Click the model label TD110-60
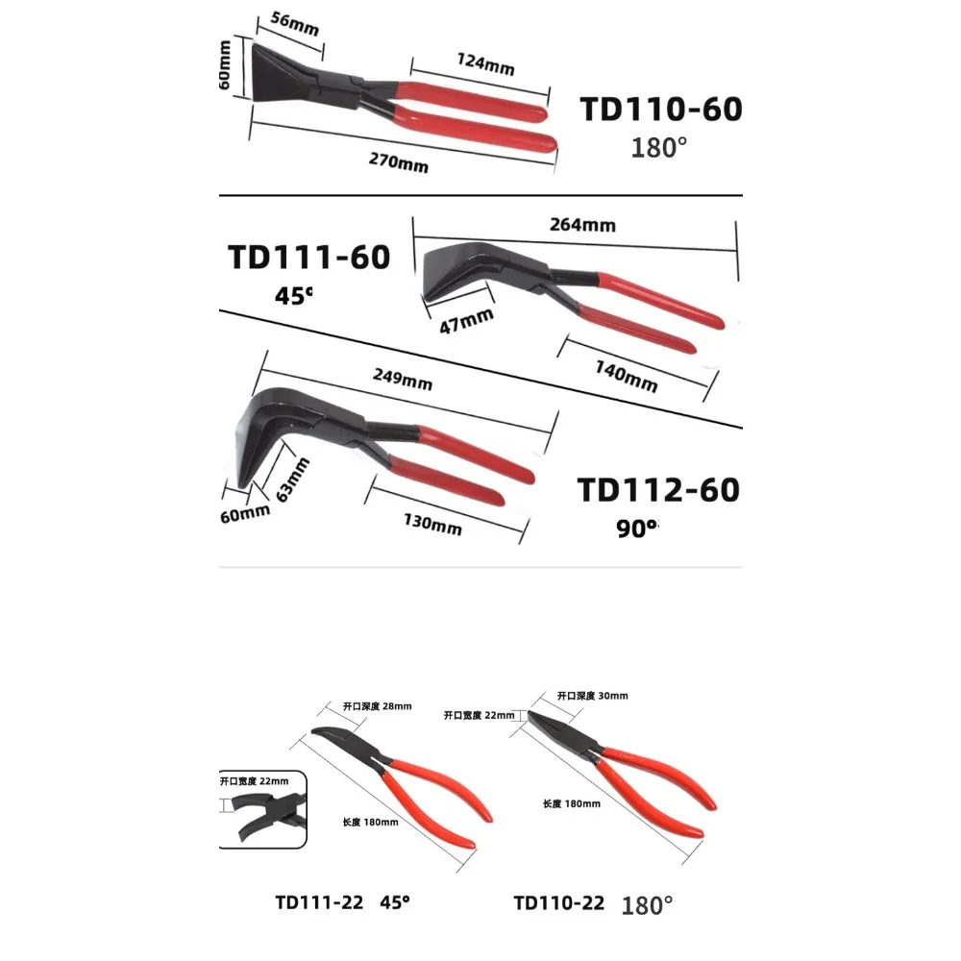pos(660,110)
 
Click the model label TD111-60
pos(308,257)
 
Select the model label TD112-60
pos(658,489)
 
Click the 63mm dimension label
pos(293,480)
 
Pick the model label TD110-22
pos(558,902)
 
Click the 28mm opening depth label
pos(377,705)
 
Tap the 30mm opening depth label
pos(592,696)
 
